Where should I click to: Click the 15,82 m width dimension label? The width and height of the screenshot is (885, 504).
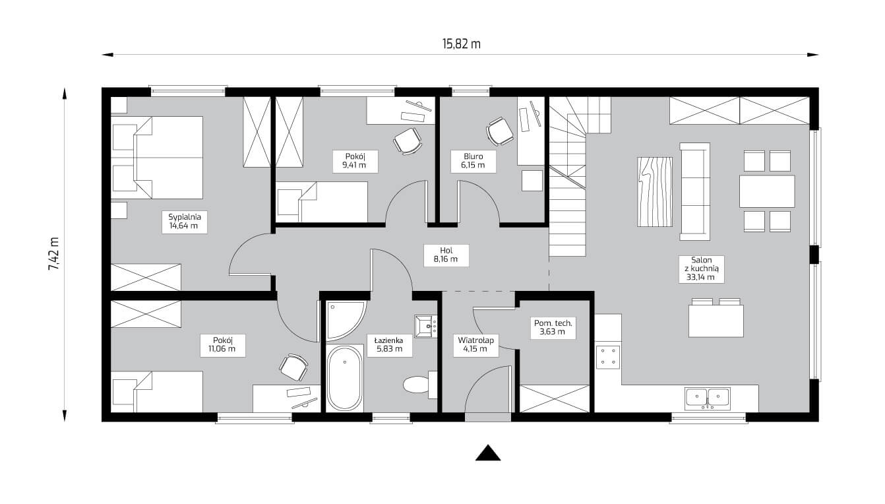461,44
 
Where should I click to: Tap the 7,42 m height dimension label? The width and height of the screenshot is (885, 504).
53,254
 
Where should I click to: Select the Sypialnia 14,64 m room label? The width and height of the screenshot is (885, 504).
185,222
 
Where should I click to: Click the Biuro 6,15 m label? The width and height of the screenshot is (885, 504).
473,161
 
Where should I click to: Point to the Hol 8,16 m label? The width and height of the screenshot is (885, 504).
446,255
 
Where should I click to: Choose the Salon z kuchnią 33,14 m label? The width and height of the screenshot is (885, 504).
701,268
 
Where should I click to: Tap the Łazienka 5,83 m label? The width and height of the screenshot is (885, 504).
389,344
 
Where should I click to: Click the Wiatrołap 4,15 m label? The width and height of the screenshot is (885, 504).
475,344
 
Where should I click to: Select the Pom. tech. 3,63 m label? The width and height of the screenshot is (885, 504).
553,327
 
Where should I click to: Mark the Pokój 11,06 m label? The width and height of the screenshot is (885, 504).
222,344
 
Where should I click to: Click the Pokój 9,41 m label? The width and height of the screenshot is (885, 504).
354,161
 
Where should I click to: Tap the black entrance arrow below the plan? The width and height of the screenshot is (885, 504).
488,453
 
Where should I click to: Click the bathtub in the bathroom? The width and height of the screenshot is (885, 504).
344,378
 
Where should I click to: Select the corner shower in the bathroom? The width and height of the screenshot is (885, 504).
344,321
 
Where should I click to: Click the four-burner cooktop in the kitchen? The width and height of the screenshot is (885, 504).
607,357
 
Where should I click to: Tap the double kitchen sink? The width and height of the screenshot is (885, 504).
708,398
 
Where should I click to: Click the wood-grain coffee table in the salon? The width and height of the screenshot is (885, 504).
655,192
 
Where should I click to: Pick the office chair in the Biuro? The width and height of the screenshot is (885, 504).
499,131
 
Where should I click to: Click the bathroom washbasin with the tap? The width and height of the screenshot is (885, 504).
425,326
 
